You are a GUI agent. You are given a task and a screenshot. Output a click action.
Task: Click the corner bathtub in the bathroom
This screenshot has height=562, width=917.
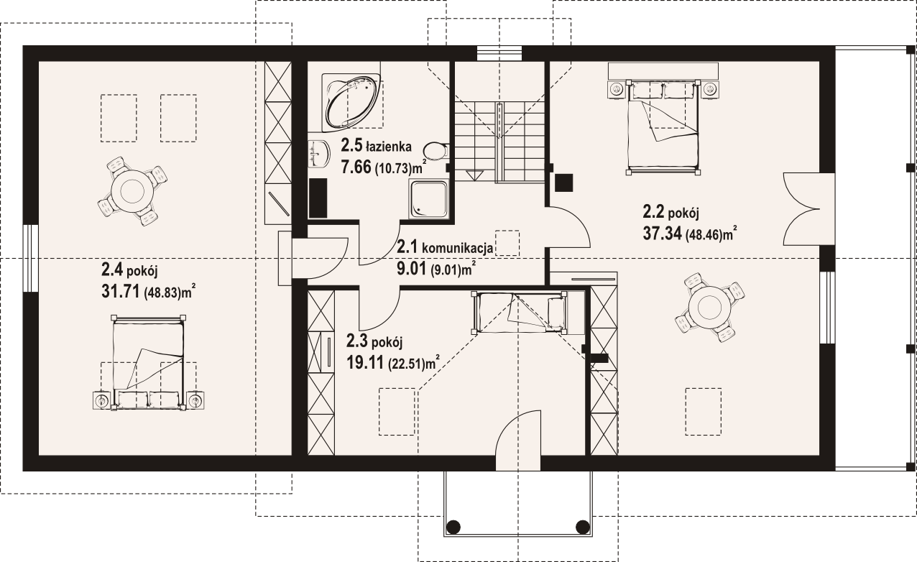coord(351,103)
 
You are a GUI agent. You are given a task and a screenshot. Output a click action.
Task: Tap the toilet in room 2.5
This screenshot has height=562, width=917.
coord(436,151)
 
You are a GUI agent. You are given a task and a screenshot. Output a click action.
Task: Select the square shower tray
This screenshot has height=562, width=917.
coord(428,199)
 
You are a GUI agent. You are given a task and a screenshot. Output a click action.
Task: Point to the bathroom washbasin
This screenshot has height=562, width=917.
coord(319,154)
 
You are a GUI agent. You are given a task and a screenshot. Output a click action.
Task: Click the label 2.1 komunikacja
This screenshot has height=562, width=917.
coord(445,247)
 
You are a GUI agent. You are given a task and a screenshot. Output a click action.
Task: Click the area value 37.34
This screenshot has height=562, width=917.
coord(662,234)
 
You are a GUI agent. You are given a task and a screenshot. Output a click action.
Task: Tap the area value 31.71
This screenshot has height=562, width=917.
coord(121,292)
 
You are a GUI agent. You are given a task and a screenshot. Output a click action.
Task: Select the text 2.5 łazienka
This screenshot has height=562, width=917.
coord(377,145)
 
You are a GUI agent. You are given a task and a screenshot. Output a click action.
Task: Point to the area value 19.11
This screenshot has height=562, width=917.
coord(365,362)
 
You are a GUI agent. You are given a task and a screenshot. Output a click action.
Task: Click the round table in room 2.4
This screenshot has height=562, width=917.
coord(132,190)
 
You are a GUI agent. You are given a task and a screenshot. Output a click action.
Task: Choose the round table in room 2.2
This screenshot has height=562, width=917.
coord(709,308)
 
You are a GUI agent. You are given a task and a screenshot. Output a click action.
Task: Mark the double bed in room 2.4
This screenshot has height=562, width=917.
coord(148,362)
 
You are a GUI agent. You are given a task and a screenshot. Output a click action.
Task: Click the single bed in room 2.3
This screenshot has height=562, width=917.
coord(519,313)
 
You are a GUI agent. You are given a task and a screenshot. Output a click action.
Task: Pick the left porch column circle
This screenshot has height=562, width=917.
coord(453,526)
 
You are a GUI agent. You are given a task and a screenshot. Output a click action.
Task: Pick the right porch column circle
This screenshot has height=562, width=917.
coord(583,526)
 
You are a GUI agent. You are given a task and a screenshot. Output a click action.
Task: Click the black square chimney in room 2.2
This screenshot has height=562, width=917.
coord(563,183)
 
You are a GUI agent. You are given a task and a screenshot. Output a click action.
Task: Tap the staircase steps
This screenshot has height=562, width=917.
coord(499,141)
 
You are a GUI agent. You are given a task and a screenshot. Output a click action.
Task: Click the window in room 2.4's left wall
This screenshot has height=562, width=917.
coord(31,258)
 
